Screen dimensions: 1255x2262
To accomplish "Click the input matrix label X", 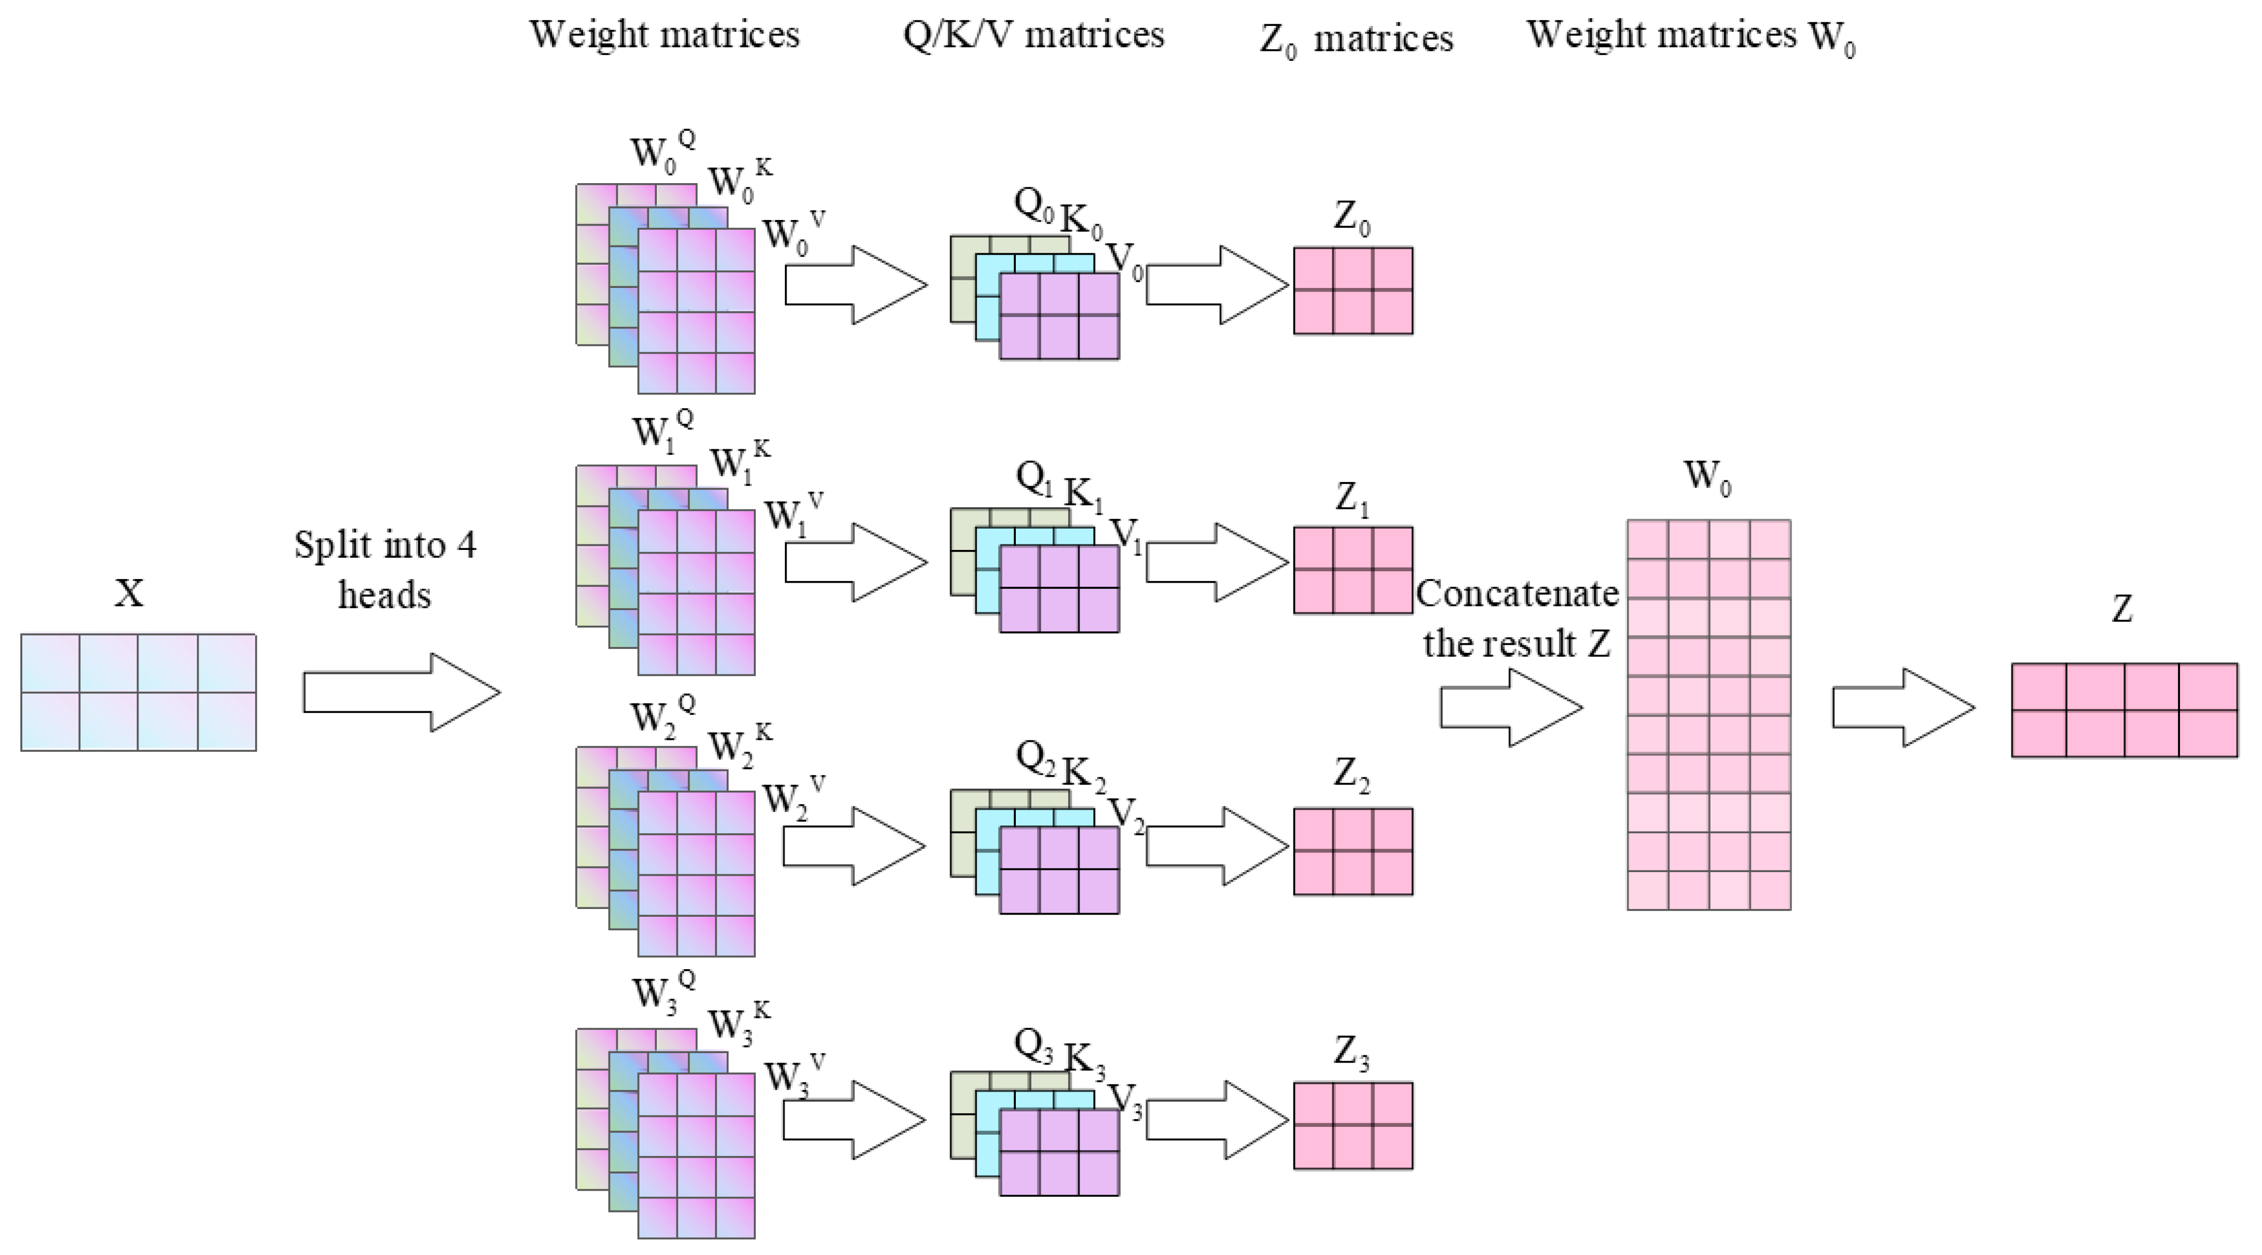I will coord(129,594).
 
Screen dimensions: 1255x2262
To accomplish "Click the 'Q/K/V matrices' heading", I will coord(1033,35).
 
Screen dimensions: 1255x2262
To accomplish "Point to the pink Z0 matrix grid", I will coord(1353,291).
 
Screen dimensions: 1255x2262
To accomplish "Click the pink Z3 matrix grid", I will coord(1353,1125).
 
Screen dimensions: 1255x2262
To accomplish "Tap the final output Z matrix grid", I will coord(2123,710).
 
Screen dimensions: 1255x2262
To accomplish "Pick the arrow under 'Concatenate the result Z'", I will coord(1510,708).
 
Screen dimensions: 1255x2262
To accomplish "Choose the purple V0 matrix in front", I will coord(1059,316).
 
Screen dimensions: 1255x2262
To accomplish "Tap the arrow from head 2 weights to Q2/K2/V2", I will coord(853,846).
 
